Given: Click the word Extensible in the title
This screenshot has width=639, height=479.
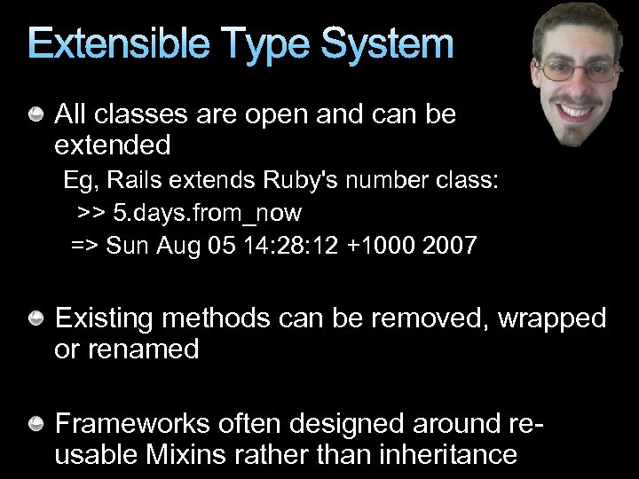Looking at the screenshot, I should pos(116,44).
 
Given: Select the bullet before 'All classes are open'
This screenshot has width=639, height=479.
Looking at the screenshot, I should pos(38,114).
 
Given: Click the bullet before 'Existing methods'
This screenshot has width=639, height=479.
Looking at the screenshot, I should pos(38,318).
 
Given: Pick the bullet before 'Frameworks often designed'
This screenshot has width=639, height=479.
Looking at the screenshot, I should pos(38,424).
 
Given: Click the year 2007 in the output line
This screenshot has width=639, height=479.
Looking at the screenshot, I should pos(450,245).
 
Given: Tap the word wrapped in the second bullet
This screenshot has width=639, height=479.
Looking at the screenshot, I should pos(552,318).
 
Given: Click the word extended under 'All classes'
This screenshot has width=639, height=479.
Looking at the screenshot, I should pos(113,144).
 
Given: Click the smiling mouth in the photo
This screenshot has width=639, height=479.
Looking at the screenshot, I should pos(578,112).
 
